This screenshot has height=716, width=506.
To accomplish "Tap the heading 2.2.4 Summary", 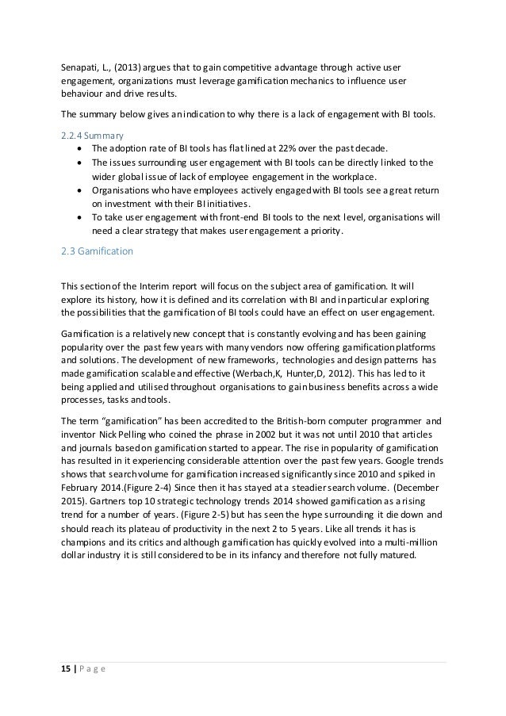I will pos(90,135).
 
